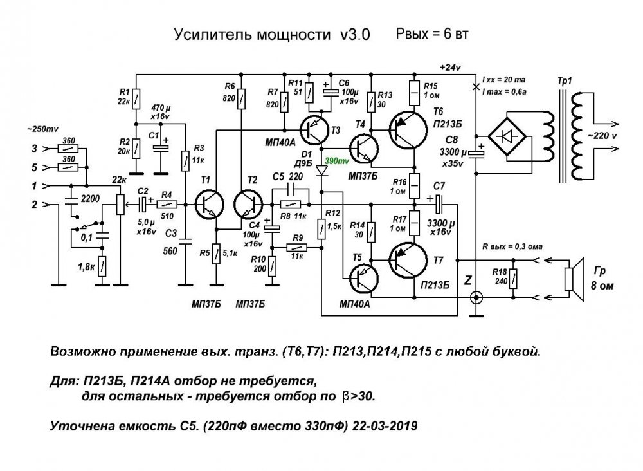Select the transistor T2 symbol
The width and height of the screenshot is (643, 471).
point(248,205)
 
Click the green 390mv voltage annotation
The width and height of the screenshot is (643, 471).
point(338,160)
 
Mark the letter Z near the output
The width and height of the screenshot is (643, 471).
point(467,281)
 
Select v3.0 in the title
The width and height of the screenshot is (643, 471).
point(351,35)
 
